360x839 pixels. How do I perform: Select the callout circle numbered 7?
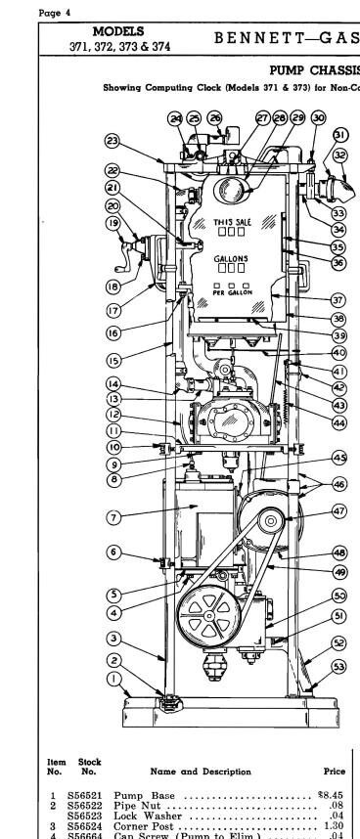coord(114,516)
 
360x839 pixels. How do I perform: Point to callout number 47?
coord(339,511)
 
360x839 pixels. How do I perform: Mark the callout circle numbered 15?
coord(114,360)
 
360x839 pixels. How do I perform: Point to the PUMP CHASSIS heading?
coord(314,70)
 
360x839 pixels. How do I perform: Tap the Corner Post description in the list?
coord(142,825)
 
